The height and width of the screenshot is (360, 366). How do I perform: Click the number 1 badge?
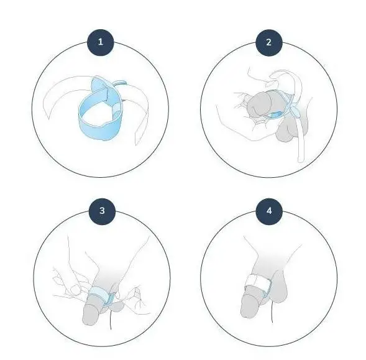click(x=101, y=42)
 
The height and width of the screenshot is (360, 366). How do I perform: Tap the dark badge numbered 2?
click(x=269, y=42)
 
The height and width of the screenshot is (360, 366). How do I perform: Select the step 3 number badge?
click(x=103, y=211)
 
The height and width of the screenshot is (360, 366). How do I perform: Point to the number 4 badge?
click(x=269, y=211)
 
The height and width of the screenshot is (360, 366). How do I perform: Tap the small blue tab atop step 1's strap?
click(x=119, y=83)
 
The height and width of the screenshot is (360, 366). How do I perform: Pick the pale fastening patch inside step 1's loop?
click(x=116, y=109)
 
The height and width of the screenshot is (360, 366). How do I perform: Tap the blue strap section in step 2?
click(x=275, y=114)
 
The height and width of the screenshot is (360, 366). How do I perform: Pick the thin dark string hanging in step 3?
click(x=111, y=320)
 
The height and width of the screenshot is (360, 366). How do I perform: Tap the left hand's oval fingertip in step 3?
click(x=75, y=290)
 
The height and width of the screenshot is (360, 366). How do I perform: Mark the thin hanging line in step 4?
click(x=272, y=312)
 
